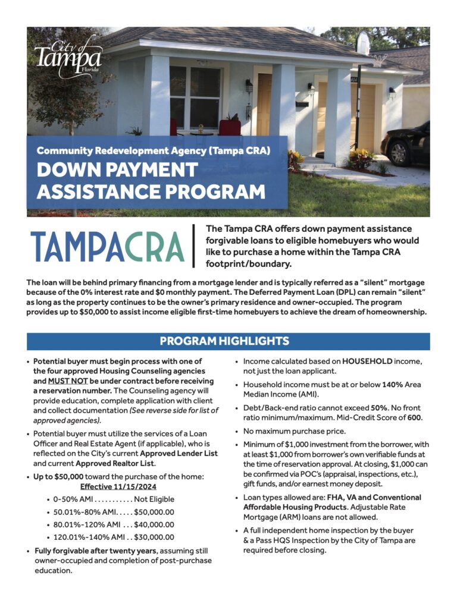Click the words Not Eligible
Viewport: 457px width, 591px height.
154,499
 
